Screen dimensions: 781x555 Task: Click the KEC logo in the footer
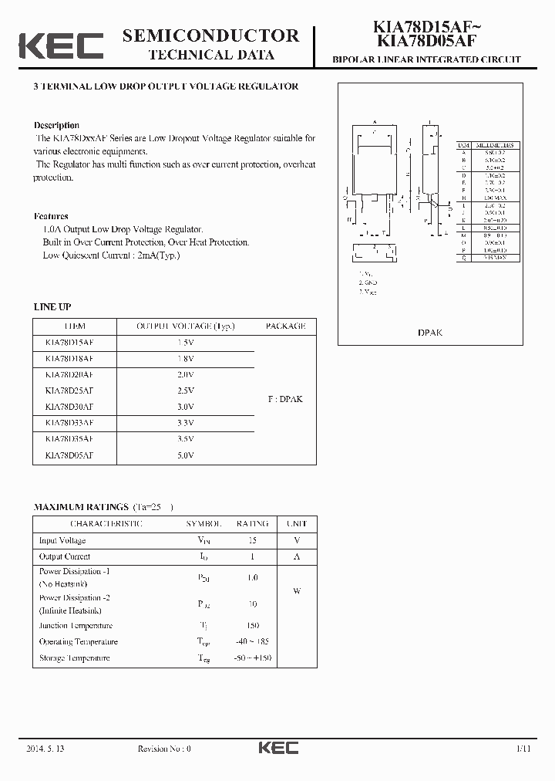point(278,748)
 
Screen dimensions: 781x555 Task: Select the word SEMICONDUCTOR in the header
point(210,35)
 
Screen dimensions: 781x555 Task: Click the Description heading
point(56,125)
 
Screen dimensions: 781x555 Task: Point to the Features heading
point(51,216)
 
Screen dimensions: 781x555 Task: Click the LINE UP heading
point(52,307)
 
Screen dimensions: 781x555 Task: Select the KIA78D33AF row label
point(69,423)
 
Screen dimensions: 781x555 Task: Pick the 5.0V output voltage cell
point(185,455)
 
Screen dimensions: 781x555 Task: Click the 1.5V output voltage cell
point(185,342)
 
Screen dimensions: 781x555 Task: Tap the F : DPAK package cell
point(285,399)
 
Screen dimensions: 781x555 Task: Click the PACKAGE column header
point(285,326)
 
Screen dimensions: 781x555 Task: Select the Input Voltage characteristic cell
point(62,541)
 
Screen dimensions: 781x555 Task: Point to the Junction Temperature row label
point(76,626)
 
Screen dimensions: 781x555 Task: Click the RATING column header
point(252,523)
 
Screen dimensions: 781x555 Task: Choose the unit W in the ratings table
point(297,591)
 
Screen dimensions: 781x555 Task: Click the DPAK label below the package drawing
point(430,333)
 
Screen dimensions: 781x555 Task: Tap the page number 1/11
point(523,748)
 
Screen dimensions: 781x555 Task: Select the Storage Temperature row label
point(74,658)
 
